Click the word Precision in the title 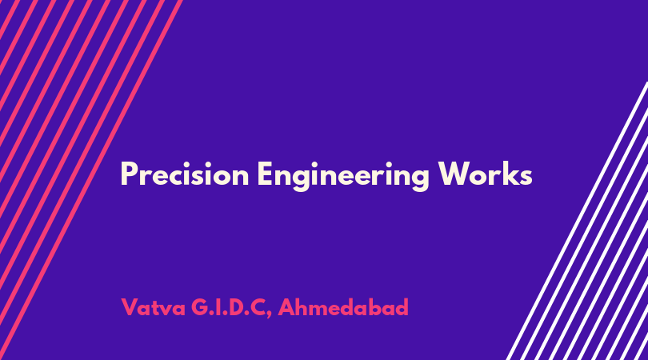point(185,174)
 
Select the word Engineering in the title point(343,176)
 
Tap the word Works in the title point(485,174)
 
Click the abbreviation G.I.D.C point(228,307)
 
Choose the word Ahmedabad point(343,307)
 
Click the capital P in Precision point(129,174)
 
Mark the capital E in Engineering point(265,174)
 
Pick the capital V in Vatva point(130,307)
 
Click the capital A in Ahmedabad point(286,307)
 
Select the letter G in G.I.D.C point(200,307)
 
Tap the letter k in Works point(509,173)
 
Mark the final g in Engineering point(420,179)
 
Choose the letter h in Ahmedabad point(302,306)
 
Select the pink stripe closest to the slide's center point(91,180)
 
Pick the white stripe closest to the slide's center point(578,220)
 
